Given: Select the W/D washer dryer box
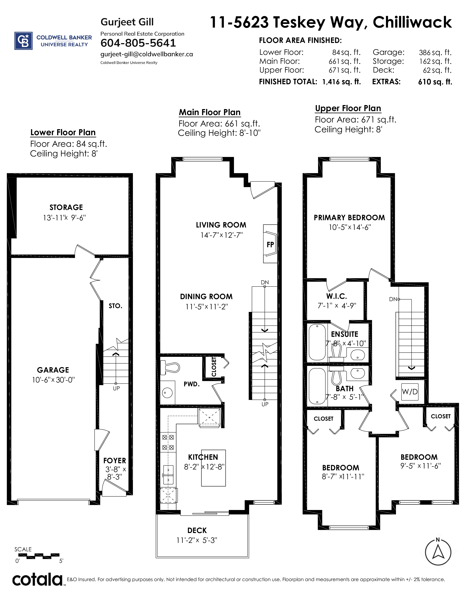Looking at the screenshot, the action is [x=410, y=392].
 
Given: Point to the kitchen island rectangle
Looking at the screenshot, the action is [x=213, y=468].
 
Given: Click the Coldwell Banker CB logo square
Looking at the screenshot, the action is [x=23, y=41].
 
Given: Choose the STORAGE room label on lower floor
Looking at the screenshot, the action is [x=66, y=207].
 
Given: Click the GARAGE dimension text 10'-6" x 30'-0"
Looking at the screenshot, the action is [x=53, y=380].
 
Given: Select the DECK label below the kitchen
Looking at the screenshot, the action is [x=197, y=530].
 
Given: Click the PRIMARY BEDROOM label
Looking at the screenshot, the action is [x=349, y=218].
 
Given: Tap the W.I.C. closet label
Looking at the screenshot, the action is [x=336, y=296].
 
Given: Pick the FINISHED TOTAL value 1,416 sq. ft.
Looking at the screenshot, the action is [x=342, y=82].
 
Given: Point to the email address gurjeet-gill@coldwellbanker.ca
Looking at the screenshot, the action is [x=147, y=54].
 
